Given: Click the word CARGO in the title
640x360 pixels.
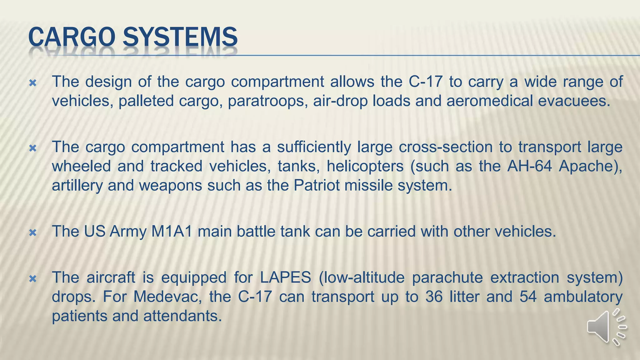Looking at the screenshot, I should tap(72, 37).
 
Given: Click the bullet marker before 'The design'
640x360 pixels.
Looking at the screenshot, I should tap(33, 83).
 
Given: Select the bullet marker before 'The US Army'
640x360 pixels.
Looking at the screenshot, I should tap(33, 233).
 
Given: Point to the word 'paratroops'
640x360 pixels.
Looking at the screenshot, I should tap(266, 101).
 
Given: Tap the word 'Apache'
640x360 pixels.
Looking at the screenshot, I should tap(587, 166).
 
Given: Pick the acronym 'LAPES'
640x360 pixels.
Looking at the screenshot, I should tap(285, 277).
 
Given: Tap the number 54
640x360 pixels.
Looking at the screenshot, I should tap(528, 297).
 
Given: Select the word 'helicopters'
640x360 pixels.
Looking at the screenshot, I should tap(365, 166).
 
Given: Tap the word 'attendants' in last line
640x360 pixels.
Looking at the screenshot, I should tap(182, 316).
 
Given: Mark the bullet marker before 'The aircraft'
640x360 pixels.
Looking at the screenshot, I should tap(33, 279).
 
